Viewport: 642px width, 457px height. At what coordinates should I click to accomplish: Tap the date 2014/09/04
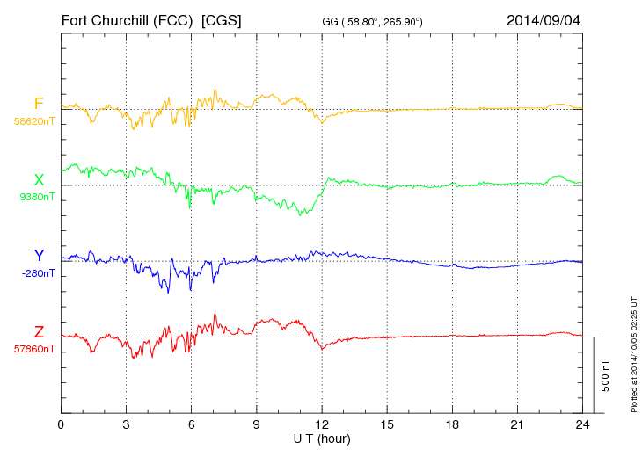543,19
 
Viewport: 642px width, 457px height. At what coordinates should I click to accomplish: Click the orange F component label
39,104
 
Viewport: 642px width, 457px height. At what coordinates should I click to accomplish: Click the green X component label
39,180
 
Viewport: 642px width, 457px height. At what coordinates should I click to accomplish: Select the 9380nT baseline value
36,197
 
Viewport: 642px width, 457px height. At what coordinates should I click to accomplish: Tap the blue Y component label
39,256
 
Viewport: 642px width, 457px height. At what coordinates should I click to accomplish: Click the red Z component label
39,332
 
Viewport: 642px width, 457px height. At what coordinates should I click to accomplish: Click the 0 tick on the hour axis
61,425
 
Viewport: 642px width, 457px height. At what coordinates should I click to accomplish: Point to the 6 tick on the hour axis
191,425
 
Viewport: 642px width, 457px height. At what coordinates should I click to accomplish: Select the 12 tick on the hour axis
322,425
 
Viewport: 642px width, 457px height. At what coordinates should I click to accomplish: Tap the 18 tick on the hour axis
452,425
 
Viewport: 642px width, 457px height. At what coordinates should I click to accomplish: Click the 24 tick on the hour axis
582,425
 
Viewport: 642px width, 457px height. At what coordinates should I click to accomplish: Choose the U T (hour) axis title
321,439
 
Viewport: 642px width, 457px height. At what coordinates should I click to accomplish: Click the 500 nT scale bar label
606,375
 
